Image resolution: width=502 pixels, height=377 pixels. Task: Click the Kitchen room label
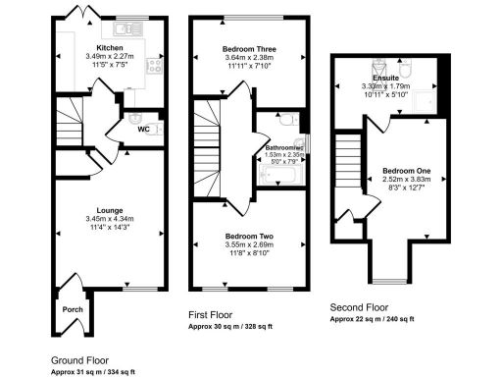pos(109,47)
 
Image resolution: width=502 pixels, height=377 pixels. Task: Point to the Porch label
pos(73,308)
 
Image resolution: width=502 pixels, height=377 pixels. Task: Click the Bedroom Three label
pos(249,48)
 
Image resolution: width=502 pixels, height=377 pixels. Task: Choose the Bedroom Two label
pos(249,237)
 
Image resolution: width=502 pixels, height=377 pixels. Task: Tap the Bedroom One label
pos(406,171)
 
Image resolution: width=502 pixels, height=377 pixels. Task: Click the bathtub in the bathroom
pos(278,176)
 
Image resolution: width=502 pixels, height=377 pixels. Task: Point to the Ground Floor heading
pos(80,359)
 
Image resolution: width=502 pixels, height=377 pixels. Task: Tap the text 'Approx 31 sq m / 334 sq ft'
pos(92,372)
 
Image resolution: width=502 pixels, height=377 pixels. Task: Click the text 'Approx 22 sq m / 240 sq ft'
pos(372,319)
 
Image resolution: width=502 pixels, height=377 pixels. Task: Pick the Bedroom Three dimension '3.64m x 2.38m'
pos(249,58)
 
